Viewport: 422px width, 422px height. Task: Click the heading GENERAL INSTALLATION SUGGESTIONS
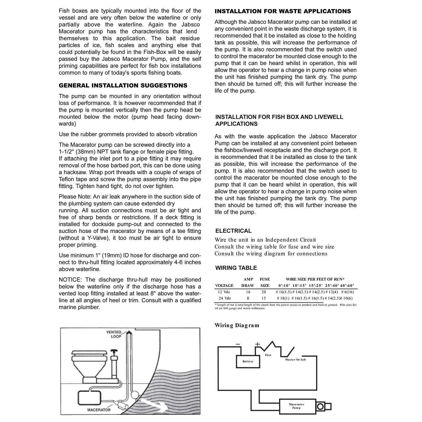pyautogui.click(x=123, y=85)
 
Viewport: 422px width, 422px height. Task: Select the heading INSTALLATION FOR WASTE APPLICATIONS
pyautogui.click(x=283, y=11)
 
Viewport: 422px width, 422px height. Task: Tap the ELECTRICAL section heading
pyautogui.click(x=233, y=231)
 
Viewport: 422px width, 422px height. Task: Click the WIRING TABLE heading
pyautogui.click(x=236, y=268)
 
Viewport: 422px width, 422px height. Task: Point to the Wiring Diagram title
pyautogui.click(x=237, y=325)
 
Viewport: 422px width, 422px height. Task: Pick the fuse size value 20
pyautogui.click(x=264, y=292)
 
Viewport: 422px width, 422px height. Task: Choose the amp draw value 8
pyautogui.click(x=248, y=298)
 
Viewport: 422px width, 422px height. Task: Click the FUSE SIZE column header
pyautogui.click(x=265, y=282)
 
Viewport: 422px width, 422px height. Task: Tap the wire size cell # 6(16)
pyautogui.click(x=347, y=292)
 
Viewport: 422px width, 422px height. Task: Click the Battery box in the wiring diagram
pyautogui.click(x=248, y=361)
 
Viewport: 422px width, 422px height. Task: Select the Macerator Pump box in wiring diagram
pyautogui.click(x=296, y=406)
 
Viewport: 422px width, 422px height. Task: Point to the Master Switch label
pyautogui.click(x=295, y=360)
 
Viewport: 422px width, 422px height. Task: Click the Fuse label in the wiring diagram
pyautogui.click(x=268, y=355)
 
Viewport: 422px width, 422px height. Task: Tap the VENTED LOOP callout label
pyautogui.click(x=114, y=334)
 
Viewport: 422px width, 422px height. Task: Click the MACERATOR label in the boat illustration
pyautogui.click(x=99, y=410)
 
